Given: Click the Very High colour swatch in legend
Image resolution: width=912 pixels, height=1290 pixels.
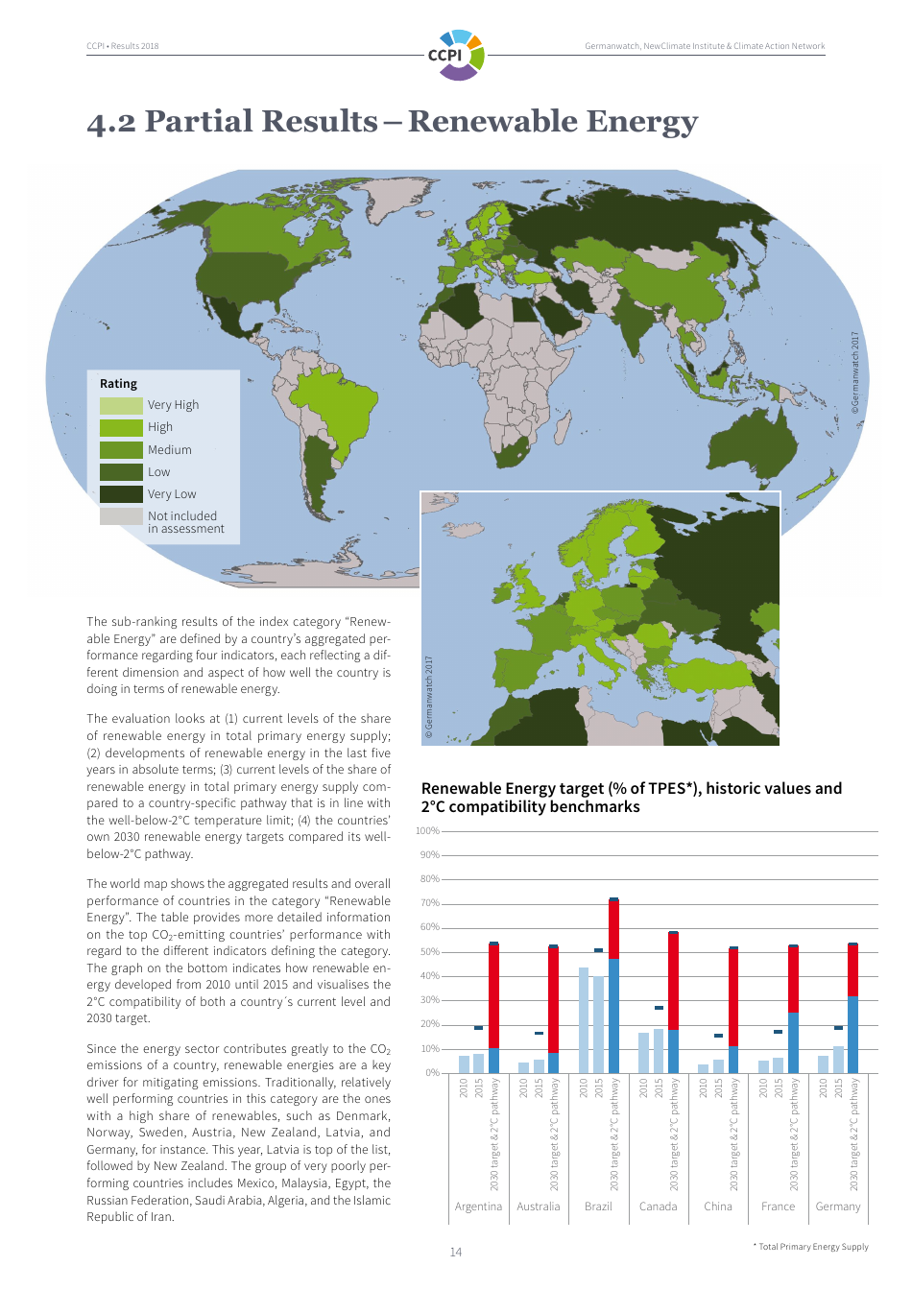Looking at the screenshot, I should [121, 405].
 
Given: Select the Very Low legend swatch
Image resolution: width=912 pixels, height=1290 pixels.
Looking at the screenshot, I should [121, 494].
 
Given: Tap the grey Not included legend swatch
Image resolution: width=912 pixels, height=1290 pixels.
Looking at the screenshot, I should [121, 516].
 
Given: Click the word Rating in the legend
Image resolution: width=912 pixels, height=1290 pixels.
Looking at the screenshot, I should [118, 384].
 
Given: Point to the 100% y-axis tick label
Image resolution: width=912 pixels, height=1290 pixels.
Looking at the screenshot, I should [427, 831].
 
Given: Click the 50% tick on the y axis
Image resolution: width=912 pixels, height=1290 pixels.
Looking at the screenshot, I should [429, 952].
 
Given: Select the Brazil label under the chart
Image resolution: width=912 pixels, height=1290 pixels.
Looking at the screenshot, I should [598, 1206].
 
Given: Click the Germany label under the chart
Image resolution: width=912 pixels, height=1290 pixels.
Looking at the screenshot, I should [838, 1206].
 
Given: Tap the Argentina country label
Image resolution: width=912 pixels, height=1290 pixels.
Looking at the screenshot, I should [478, 1206].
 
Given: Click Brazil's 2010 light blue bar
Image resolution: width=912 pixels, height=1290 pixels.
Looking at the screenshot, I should [584, 1020].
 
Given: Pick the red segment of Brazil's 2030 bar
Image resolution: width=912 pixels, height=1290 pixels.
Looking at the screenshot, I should [613, 929].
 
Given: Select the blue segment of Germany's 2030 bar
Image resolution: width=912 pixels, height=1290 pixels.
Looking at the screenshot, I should [852, 1035].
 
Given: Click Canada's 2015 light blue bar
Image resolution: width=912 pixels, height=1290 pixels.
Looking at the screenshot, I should [659, 1051].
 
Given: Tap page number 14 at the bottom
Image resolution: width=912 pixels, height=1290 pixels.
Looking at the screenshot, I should [456, 1253].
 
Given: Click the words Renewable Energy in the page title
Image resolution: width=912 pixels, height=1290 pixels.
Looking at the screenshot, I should [553, 122].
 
